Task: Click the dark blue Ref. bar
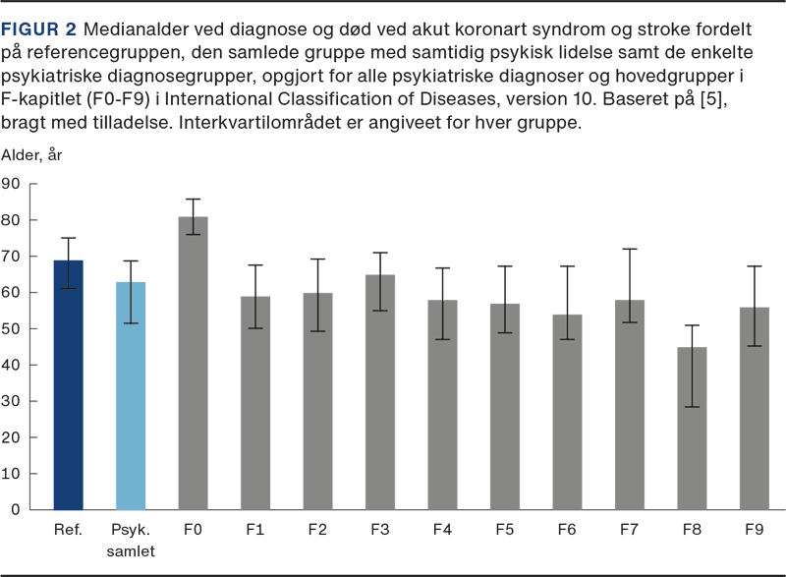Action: click(x=68, y=384)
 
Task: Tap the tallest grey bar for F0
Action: click(x=193, y=363)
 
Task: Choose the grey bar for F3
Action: click(x=380, y=392)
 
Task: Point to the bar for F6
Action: click(x=567, y=412)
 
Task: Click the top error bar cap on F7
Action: click(x=629, y=249)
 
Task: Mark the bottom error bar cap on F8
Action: click(x=692, y=406)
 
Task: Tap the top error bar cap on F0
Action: click(x=193, y=199)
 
